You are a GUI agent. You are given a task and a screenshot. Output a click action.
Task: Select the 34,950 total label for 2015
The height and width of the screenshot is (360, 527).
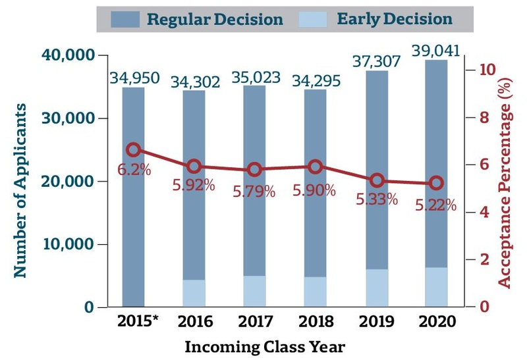pyautogui.click(x=134, y=78)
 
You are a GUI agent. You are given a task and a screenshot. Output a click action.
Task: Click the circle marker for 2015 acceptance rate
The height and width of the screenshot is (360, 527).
pyautogui.click(x=133, y=150)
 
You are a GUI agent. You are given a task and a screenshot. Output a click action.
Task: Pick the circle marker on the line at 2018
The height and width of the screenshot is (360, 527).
pyautogui.click(x=315, y=167)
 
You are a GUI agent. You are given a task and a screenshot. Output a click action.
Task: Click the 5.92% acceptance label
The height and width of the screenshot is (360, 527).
pyautogui.click(x=194, y=186)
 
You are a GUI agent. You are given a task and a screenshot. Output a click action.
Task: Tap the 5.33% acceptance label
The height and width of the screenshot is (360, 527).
pyautogui.click(x=376, y=199)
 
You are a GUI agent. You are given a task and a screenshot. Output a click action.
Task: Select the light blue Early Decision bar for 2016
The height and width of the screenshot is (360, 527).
pyautogui.click(x=194, y=293)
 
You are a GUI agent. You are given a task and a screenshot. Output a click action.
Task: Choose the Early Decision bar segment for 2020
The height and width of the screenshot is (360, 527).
pyautogui.click(x=436, y=287)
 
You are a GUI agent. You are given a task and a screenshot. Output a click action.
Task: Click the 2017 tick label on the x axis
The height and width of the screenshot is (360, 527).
pyautogui.click(x=255, y=322)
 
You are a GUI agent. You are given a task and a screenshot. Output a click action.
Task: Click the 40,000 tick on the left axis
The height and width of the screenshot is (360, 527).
pyautogui.click(x=68, y=55)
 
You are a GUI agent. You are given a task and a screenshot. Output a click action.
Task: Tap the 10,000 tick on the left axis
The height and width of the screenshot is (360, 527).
pyautogui.click(x=69, y=244)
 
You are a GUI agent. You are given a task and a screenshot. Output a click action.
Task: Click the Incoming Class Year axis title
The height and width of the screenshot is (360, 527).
pyautogui.click(x=264, y=346)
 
